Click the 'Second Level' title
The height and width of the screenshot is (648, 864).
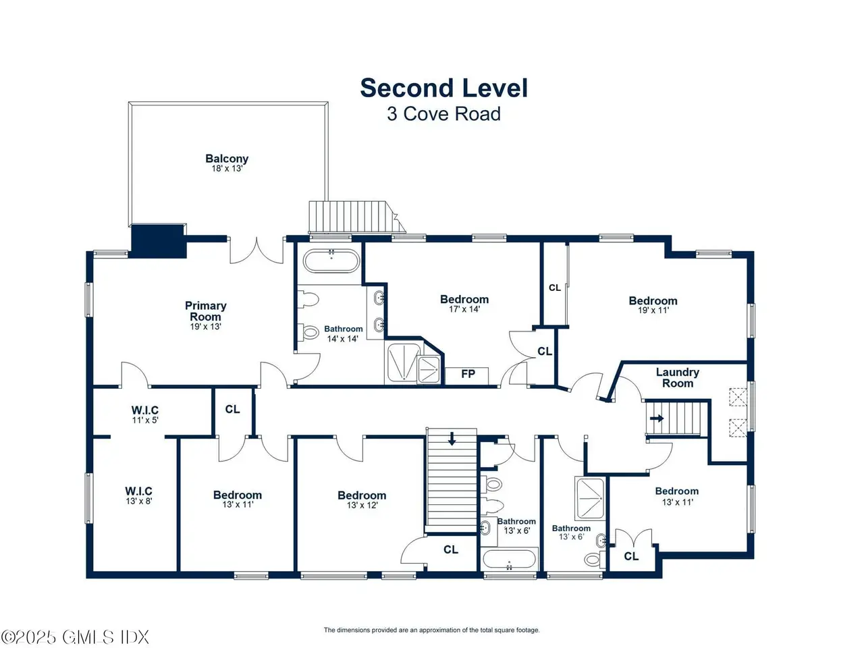coord(443,88)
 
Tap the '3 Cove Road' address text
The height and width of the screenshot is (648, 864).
coord(443,113)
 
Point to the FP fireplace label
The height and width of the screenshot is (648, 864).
coord(468,374)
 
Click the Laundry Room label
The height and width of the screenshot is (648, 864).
coord(678,378)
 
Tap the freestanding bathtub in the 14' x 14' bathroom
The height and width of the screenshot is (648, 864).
coord(331,261)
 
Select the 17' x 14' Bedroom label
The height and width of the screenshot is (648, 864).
coord(464,304)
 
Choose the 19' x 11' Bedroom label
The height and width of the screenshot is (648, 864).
coord(653,305)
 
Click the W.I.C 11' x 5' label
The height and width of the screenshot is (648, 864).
coord(145,414)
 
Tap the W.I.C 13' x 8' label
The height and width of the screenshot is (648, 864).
coord(138,495)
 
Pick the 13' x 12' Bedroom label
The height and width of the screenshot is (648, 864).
coord(362,500)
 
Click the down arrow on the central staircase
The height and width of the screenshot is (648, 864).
coord(452,439)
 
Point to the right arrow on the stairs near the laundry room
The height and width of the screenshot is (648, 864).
coord(657,418)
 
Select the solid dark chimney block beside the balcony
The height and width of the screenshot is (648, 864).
coord(158,241)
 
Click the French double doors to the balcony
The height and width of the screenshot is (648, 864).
coord(256,250)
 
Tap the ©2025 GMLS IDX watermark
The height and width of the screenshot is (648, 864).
coord(75,637)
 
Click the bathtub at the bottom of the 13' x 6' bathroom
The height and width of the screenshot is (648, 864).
coord(509,559)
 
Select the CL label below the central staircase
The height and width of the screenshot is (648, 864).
coord(451,549)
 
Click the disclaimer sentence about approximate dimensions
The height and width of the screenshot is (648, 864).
coord(431,630)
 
